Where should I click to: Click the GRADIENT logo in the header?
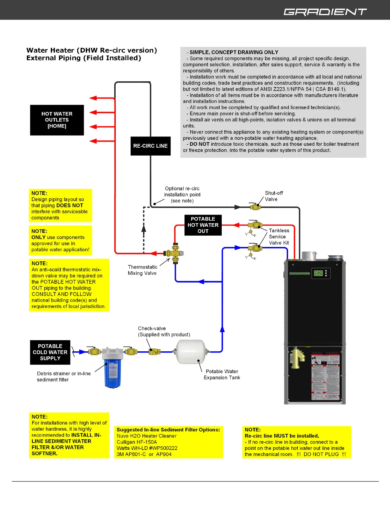(x=325, y=12)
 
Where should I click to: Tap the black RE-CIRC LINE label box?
(x=150, y=146)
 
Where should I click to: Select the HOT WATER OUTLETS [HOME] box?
(x=57, y=120)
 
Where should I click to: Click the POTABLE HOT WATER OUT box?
(x=203, y=225)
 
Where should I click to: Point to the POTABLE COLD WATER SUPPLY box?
(x=50, y=352)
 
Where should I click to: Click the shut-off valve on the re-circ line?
(x=255, y=207)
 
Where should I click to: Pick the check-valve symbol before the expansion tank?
(x=155, y=352)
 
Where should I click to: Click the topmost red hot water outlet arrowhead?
(x=93, y=98)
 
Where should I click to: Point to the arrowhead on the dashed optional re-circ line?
(x=144, y=228)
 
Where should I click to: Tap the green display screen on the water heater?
(x=318, y=273)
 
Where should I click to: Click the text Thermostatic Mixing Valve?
(x=142, y=270)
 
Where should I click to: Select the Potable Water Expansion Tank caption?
(x=222, y=375)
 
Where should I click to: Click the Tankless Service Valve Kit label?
(x=279, y=237)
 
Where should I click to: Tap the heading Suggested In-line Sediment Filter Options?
(x=168, y=430)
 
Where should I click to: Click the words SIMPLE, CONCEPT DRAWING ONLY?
(x=234, y=52)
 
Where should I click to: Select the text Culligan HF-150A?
(x=137, y=442)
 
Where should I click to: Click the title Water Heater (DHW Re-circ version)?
(x=92, y=50)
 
